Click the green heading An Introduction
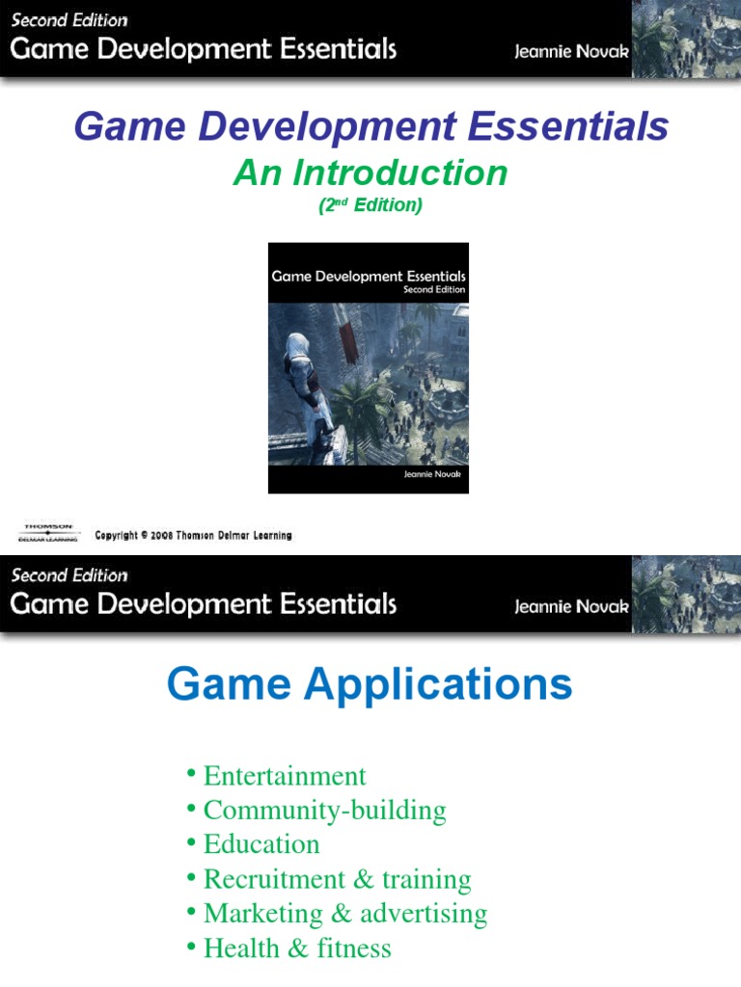pyautogui.click(x=370, y=173)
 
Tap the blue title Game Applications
pyautogui.click(x=370, y=685)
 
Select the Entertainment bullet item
pyautogui.click(x=285, y=776)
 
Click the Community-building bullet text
pyautogui.click(x=324, y=810)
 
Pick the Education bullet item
pyautogui.click(x=261, y=844)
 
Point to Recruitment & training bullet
pyautogui.click(x=337, y=879)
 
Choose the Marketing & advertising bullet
pyautogui.click(x=344, y=913)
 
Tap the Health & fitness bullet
pyautogui.click(x=297, y=948)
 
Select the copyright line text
pyautogui.click(x=193, y=535)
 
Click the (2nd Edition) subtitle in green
pyautogui.click(x=370, y=205)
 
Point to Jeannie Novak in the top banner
pyautogui.click(x=571, y=50)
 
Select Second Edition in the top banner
pyautogui.click(x=69, y=19)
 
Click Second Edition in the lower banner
pyautogui.click(x=69, y=575)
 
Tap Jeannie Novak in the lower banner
pyautogui.click(x=571, y=606)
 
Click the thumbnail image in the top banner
pyautogui.click(x=686, y=39)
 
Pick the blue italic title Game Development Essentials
pyautogui.click(x=370, y=127)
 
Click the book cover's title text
pyautogui.click(x=369, y=276)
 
